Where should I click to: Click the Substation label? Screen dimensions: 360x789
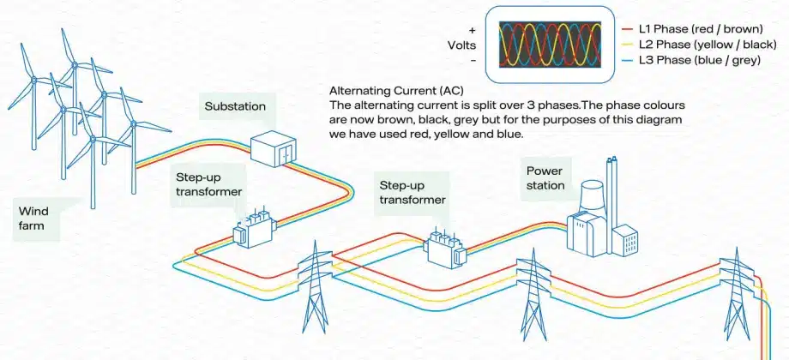(235, 107)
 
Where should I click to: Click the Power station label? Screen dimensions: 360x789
(545, 177)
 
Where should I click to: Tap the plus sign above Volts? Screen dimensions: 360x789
(473, 29)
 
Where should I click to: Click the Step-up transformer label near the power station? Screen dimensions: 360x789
(413, 192)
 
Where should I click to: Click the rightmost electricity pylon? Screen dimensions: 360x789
(737, 291)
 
